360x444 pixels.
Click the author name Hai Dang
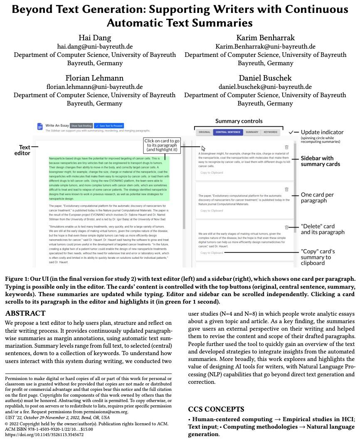[x=95, y=38]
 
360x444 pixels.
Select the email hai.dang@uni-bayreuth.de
[x=95, y=47]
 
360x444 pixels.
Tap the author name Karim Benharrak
[x=265, y=38]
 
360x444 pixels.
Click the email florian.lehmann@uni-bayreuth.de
[x=94, y=87]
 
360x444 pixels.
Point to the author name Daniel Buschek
[x=265, y=78]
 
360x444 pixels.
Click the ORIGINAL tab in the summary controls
[x=205, y=132]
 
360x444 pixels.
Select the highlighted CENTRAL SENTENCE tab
[x=228, y=132]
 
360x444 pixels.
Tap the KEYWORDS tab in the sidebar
[x=270, y=132]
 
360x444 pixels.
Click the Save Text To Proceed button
[x=109, y=125]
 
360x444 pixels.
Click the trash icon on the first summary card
[x=286, y=147]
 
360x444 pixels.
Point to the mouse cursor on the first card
[x=203, y=148]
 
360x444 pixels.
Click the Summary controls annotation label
[x=239, y=121]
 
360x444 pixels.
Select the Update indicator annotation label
[x=322, y=132]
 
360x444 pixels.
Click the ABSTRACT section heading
[x=25, y=313]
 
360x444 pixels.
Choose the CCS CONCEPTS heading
[x=216, y=409]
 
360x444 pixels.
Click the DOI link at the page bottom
[x=44, y=435]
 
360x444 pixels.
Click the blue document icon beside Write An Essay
[x=40, y=126]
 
